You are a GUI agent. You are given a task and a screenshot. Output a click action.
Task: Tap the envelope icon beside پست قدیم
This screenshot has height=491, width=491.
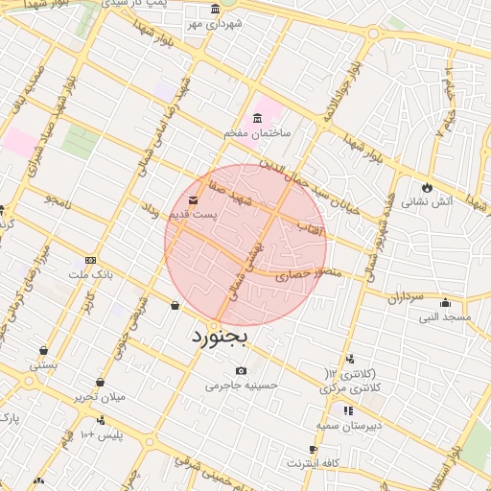coord(195,200)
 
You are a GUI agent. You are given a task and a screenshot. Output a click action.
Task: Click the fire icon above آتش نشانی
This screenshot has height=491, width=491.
coord(428,187)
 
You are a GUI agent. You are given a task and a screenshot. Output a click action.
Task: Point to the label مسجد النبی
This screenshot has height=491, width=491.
coord(446,316)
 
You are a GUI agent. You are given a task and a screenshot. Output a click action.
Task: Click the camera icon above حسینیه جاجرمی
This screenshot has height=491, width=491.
coord(241,371)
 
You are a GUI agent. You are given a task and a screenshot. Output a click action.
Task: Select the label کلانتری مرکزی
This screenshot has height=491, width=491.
coord(348,386)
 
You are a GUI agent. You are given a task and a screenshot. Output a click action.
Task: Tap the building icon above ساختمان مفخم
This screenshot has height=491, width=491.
coord(256,118)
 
